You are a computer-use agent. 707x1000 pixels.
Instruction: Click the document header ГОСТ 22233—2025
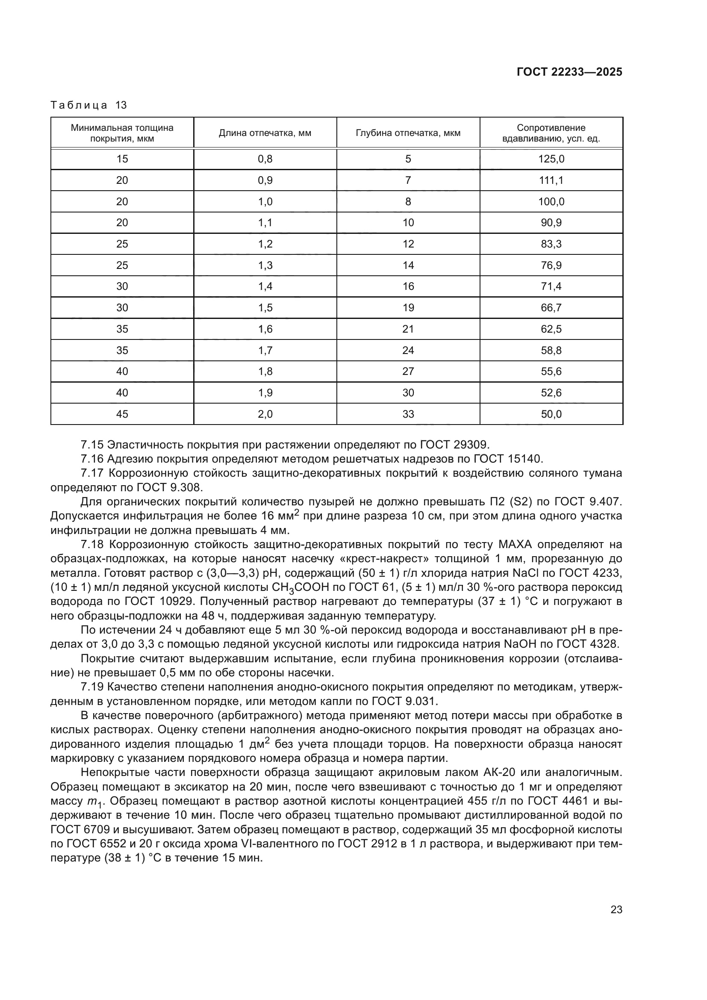pos(569,72)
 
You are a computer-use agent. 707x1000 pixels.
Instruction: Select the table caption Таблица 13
pos(88,105)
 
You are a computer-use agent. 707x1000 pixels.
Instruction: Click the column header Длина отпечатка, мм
pos(265,133)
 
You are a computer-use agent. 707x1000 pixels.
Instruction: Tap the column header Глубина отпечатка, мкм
pos(408,133)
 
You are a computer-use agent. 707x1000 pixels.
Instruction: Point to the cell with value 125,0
pos(551,159)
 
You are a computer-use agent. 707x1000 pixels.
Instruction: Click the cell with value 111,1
pos(551,180)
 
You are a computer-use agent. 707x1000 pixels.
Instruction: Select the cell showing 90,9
pos(551,223)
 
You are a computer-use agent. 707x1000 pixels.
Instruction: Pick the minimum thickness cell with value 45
pos(122,414)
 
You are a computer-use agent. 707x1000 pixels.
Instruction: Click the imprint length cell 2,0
pos(265,414)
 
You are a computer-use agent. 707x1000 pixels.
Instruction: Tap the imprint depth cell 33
pos(408,414)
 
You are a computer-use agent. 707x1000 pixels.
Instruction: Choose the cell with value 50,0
pos(551,414)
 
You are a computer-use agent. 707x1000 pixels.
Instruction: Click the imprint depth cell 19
pos(408,307)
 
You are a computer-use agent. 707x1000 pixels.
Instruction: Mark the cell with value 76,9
pos(551,265)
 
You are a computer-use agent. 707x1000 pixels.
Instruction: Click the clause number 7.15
pos(92,445)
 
